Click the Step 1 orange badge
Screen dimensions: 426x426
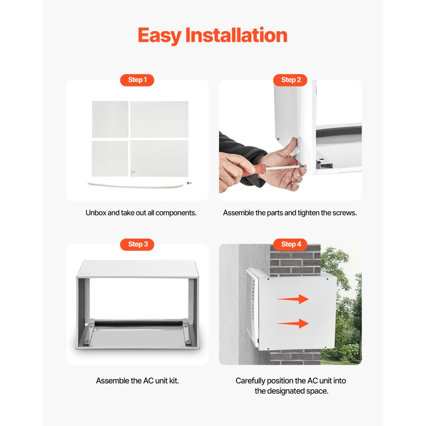[137, 80]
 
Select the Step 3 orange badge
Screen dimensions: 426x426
[137, 244]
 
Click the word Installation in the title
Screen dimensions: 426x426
[236, 35]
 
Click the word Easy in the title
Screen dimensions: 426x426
[159, 35]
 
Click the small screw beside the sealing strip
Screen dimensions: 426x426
[189, 183]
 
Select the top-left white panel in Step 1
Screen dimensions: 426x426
[110, 119]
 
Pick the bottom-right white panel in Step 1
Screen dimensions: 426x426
[159, 158]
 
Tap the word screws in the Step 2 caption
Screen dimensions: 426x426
[345, 213]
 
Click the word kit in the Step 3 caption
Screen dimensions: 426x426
[174, 380]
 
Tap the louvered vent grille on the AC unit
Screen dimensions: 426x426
[252, 307]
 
